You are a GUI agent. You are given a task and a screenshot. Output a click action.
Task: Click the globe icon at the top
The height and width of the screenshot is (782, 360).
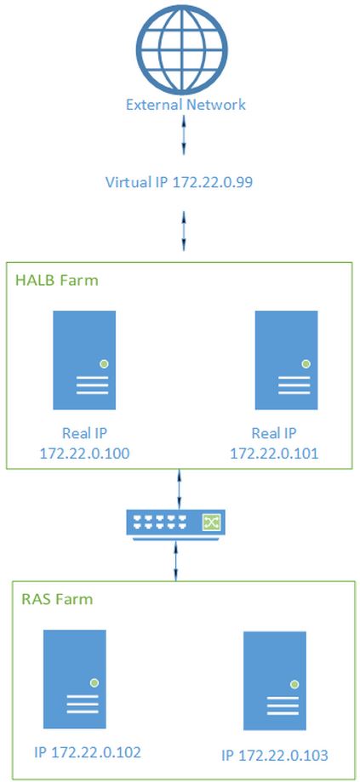tap(184, 48)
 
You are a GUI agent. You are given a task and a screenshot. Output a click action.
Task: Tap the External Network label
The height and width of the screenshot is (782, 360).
tap(186, 105)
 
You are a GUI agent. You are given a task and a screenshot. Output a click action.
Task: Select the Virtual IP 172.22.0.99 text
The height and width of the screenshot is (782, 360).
tap(179, 183)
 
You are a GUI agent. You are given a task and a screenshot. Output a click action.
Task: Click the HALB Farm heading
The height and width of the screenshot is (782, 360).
tap(57, 280)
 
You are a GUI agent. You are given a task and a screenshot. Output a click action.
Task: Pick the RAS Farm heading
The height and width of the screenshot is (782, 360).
tap(57, 598)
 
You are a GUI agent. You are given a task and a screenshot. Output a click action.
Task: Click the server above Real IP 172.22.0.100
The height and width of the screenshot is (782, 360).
tap(85, 360)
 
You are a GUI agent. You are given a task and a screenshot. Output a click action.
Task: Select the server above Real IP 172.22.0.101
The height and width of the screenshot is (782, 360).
tap(286, 360)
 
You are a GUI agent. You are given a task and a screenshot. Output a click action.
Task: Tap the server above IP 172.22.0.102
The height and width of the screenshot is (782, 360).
tap(75, 679)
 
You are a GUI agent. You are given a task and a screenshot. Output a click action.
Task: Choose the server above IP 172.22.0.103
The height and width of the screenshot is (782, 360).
tap(275, 681)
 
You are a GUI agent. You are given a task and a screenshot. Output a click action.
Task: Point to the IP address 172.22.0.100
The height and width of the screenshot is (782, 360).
tap(84, 454)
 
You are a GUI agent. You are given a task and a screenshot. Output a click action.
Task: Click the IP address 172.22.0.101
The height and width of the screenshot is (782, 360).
tap(274, 454)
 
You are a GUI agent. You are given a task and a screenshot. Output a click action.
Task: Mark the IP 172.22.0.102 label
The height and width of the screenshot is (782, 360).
tap(88, 751)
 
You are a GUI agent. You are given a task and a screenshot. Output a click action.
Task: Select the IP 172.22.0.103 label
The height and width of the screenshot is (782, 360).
tap(275, 756)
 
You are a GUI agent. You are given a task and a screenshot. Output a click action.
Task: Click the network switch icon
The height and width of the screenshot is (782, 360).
tap(175, 525)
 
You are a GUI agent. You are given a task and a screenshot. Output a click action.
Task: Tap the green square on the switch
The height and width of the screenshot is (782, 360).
tap(209, 522)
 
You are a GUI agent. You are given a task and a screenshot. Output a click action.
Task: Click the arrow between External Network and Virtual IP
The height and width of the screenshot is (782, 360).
tap(184, 134)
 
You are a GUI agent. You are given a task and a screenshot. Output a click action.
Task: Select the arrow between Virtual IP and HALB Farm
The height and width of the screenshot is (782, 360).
tap(184, 231)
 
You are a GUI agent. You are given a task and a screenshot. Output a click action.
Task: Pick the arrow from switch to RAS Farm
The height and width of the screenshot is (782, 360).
tap(175, 561)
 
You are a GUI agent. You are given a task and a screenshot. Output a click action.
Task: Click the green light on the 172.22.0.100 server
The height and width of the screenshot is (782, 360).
tap(104, 363)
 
